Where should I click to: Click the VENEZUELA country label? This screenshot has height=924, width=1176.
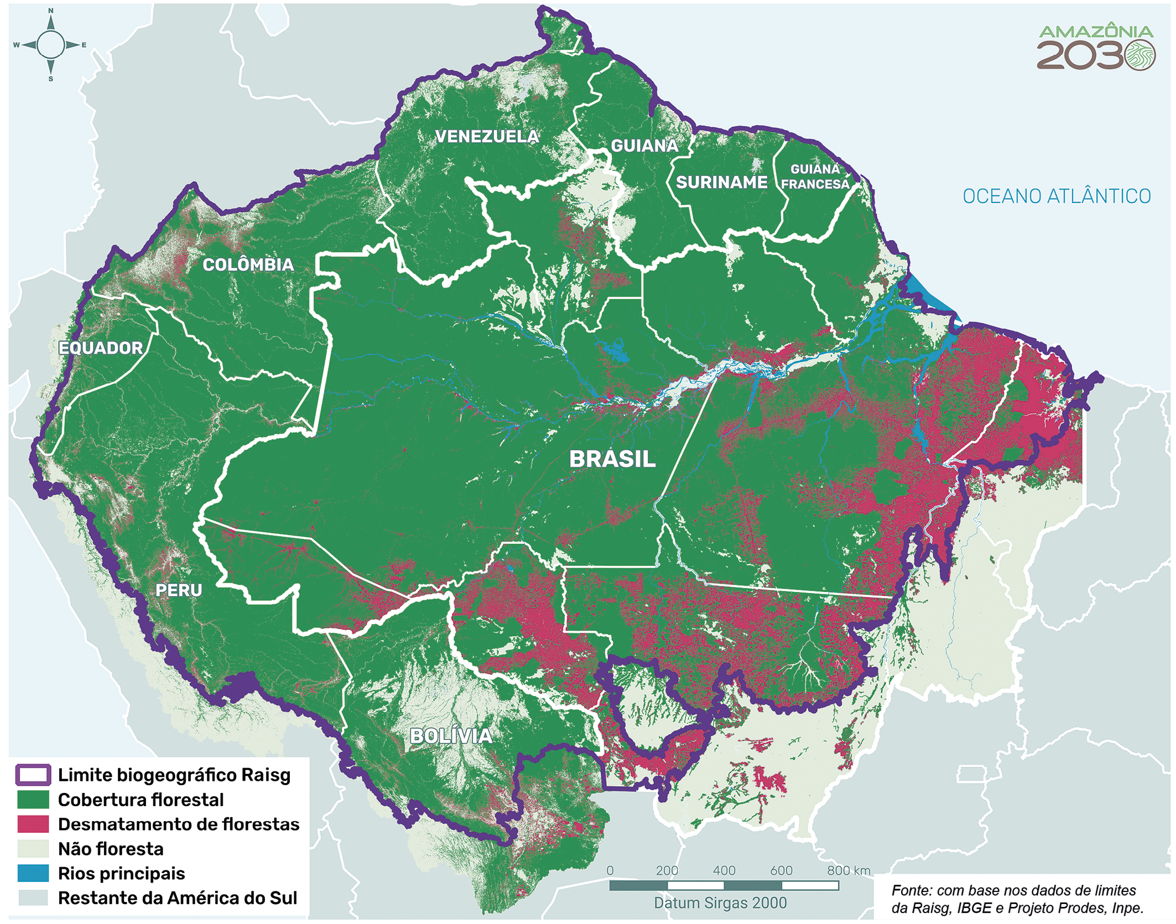[x=487, y=137]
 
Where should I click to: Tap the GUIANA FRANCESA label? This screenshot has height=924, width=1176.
[x=815, y=177]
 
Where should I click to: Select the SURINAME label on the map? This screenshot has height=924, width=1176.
[x=721, y=182]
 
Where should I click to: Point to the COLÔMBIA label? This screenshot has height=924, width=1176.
[x=248, y=264]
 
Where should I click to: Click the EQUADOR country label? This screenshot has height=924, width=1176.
[x=101, y=348]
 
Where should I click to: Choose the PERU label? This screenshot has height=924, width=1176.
[x=179, y=590]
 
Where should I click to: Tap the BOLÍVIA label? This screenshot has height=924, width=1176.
[x=451, y=736]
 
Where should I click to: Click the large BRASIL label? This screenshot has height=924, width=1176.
[x=612, y=459]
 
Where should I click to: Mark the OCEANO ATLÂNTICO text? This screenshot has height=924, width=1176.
[x=1057, y=196]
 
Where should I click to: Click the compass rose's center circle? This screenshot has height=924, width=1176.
[x=51, y=45]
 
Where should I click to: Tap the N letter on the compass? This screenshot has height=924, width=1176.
[x=51, y=11]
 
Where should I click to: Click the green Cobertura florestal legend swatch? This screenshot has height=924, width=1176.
[x=33, y=800]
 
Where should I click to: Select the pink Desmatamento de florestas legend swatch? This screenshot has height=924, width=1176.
[x=33, y=824]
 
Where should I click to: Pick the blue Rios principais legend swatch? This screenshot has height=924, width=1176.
[x=33, y=873]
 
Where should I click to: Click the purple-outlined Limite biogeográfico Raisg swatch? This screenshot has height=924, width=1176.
[x=33, y=775]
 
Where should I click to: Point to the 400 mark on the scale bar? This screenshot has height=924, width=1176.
[x=724, y=870]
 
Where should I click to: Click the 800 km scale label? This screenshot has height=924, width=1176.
[x=849, y=870]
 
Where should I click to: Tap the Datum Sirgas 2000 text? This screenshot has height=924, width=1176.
[x=720, y=903]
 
